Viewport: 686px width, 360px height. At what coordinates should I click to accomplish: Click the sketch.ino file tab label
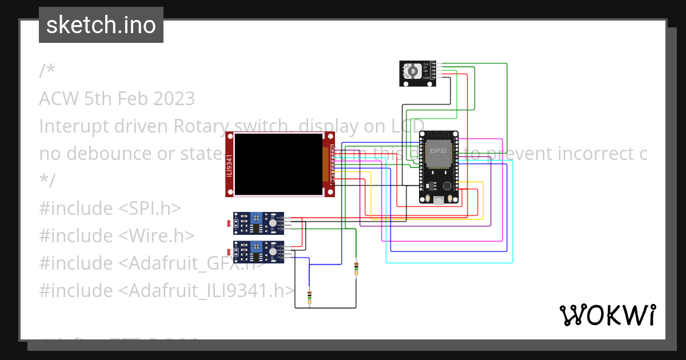click(101, 25)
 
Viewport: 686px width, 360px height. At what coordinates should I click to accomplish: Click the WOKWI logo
click(607, 315)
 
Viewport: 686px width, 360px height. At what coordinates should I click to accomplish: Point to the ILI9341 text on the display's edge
click(229, 165)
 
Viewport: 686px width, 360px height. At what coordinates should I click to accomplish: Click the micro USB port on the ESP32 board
click(438, 199)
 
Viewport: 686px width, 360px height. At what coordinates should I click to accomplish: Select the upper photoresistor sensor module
click(258, 223)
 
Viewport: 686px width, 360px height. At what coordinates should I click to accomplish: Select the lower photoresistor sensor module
click(258, 252)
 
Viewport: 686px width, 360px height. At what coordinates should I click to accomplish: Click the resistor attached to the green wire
click(356, 268)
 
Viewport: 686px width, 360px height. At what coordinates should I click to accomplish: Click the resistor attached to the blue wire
click(309, 296)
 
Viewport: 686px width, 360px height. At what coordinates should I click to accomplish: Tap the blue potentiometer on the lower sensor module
click(256, 247)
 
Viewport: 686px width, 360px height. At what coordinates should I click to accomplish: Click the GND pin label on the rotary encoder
click(426, 78)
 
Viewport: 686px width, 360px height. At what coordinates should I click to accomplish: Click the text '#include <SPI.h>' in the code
click(110, 209)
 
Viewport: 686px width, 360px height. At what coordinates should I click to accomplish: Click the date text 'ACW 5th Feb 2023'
click(117, 99)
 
